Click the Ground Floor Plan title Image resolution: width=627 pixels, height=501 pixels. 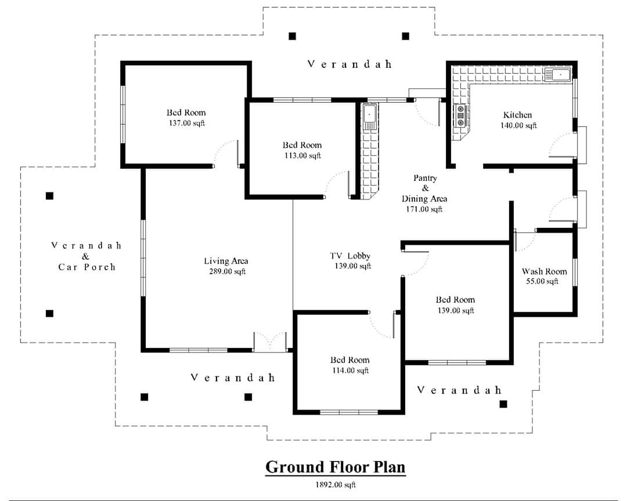point(336,467)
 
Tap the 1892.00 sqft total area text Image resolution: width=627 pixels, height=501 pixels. point(336,485)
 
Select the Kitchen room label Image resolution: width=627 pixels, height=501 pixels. point(517,115)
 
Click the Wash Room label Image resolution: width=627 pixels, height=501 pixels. point(544,272)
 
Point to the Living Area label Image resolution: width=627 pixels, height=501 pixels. point(226,262)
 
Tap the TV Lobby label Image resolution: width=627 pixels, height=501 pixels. point(350,256)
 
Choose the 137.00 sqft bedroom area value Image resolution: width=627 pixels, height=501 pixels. point(187,124)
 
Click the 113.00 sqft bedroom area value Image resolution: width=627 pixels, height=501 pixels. point(302,156)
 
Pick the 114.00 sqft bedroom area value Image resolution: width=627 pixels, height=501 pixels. point(350,371)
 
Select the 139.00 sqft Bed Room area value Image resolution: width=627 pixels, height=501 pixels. point(456,310)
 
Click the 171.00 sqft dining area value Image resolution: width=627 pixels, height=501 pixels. point(424,209)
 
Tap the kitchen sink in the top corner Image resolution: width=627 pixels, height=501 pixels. point(558,75)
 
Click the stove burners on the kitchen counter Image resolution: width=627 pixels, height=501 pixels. point(460,115)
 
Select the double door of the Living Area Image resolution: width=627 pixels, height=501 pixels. point(271,342)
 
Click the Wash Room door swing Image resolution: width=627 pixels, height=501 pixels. point(525,241)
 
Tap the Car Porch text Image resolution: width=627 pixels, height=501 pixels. point(87,267)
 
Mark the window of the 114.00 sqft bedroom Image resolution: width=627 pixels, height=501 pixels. point(349,412)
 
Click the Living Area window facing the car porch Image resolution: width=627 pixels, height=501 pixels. point(143,257)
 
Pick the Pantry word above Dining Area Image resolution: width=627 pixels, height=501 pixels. point(425,178)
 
